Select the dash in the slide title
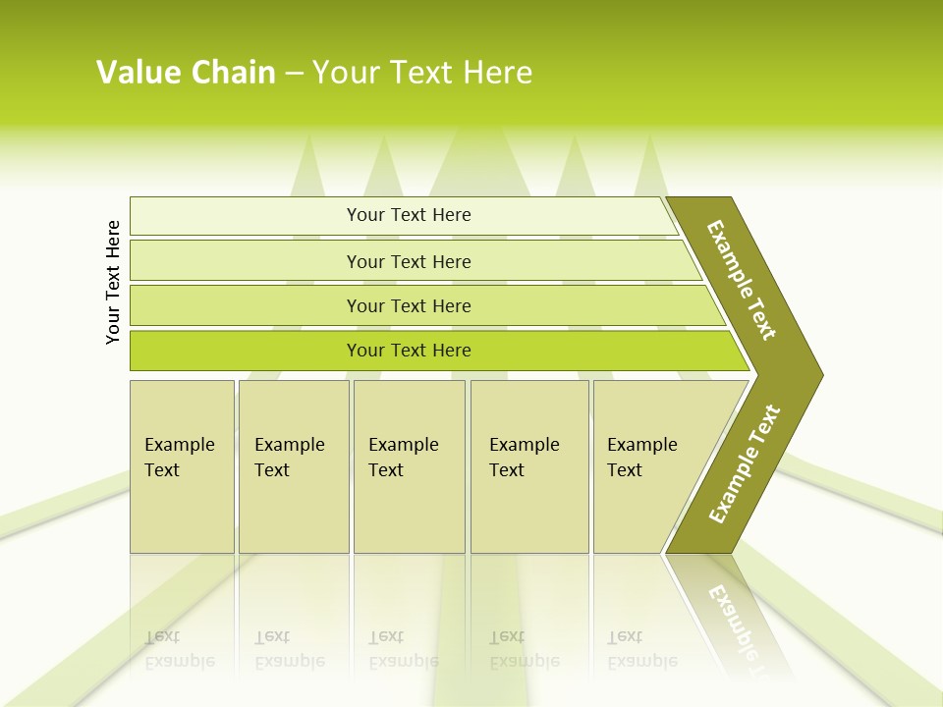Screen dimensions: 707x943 [x=294, y=74]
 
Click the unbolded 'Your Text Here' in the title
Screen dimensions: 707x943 [x=422, y=73]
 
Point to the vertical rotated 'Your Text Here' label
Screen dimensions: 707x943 [x=113, y=282]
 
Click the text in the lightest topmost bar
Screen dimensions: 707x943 [x=409, y=215]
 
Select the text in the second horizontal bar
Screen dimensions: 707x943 [x=409, y=262]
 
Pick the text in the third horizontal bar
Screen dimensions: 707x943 [x=409, y=306]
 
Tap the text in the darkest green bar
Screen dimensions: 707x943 [x=409, y=351]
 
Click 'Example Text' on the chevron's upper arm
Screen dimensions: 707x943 [x=742, y=280]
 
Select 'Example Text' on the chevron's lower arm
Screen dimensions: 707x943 [x=745, y=463]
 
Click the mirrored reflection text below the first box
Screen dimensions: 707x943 [x=179, y=649]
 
